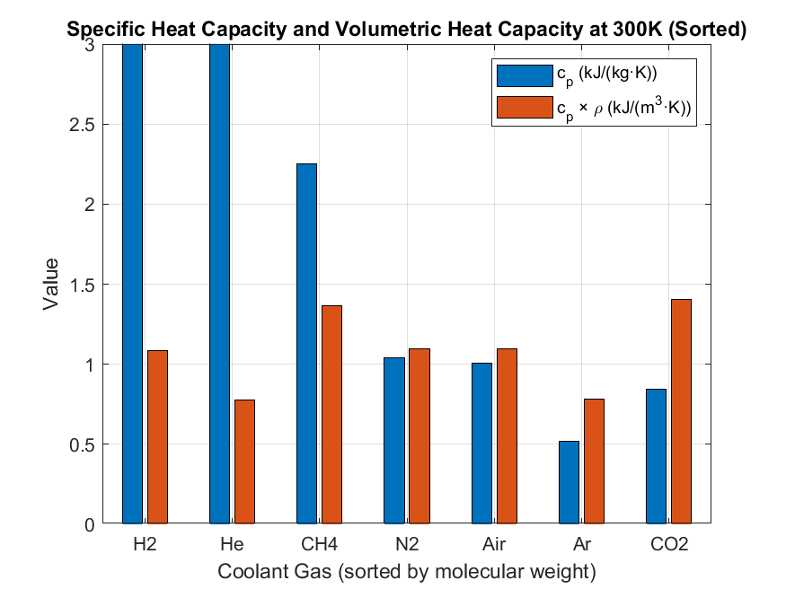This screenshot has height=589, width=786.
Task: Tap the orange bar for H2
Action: (157, 436)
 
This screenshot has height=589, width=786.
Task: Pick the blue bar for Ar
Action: (569, 482)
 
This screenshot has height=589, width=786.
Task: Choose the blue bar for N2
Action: (393, 440)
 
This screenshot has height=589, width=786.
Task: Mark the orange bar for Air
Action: (507, 435)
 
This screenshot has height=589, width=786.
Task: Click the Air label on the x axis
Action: (494, 545)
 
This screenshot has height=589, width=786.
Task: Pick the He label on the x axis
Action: (232, 545)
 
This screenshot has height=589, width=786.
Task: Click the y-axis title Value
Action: (52, 285)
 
